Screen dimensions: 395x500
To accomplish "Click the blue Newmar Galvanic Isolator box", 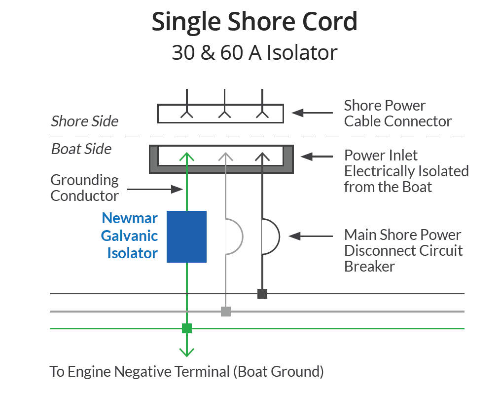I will (186, 237).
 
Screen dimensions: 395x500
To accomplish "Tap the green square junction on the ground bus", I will (186, 328).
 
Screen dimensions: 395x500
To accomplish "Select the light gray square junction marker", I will (225, 311).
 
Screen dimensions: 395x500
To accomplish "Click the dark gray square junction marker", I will (262, 294).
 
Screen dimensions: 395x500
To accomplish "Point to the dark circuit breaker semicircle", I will (271, 237).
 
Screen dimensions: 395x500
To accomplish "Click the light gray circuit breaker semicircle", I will (235, 237).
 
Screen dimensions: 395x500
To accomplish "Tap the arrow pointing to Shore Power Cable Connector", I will (311, 113).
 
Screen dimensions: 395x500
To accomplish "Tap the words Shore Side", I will (85, 121).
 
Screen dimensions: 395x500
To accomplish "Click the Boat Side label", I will (81, 149).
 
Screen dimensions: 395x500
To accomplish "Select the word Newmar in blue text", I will (123, 218).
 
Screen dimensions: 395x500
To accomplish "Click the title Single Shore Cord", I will (254, 22).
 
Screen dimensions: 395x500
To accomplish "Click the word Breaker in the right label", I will (369, 267).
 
